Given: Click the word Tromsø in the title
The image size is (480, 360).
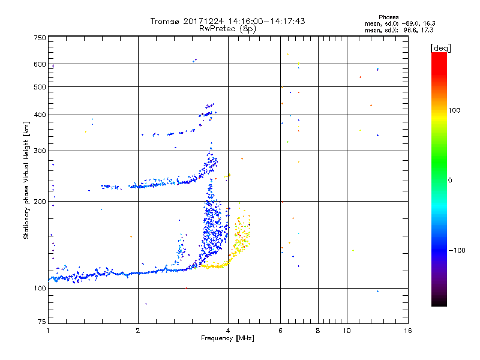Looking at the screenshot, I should pyautogui.click(x=165, y=21).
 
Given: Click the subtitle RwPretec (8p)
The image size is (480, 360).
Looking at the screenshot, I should pyautogui.click(x=227, y=28).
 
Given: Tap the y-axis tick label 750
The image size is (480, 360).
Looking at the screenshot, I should pyautogui.click(x=39, y=37).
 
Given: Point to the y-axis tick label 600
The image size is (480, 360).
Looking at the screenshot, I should pyautogui.click(x=39, y=64).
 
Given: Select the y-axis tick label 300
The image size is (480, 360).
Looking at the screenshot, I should pyautogui.click(x=39, y=151).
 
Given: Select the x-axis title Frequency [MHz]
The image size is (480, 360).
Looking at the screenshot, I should pyautogui.click(x=227, y=338).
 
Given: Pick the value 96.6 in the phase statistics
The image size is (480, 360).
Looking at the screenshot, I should pyautogui.click(x=411, y=29).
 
